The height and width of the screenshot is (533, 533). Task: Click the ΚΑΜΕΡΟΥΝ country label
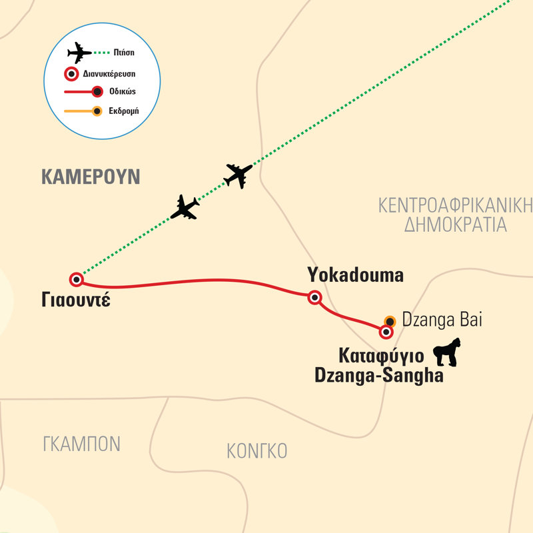coord(91,177)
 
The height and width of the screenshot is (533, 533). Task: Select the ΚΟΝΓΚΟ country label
coord(257,451)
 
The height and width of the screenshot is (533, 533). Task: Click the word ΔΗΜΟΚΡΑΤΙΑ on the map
coord(456,225)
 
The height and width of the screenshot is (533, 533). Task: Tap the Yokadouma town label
coord(355,274)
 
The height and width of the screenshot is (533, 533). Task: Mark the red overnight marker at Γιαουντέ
coord(77,279)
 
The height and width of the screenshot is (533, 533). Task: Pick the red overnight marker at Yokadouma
coord(314,297)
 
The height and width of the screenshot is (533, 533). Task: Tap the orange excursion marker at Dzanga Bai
coord(390,321)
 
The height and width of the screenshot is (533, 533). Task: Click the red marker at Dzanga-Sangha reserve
coord(385,331)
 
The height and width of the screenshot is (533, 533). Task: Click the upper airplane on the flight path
coord(239,175)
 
